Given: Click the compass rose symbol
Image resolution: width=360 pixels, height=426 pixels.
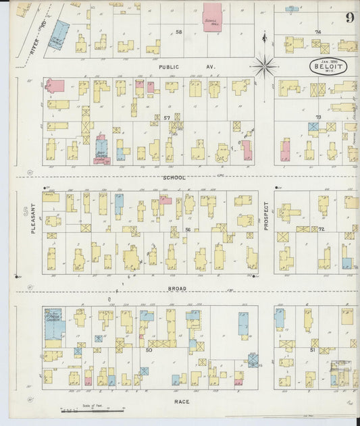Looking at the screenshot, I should coord(265,66).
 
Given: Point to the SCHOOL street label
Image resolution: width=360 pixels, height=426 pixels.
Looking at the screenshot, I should coord(174,178).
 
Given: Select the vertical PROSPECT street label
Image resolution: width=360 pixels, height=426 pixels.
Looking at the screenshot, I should coord(266,215).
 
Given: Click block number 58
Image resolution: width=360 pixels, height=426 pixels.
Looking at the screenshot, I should coord(179,32).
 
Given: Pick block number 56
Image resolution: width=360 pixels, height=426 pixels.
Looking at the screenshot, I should coord(188,230).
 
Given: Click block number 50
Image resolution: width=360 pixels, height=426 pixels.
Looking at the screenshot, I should coord(149,350).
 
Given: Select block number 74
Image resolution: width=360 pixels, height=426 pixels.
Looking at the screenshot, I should coord(317,32).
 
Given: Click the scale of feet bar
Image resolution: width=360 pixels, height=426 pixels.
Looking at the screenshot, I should coord(91,408).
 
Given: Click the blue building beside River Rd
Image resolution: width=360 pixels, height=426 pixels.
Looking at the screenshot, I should coord(61,34).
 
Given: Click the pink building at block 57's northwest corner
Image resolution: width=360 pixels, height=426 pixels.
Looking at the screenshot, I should coord(55,86).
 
